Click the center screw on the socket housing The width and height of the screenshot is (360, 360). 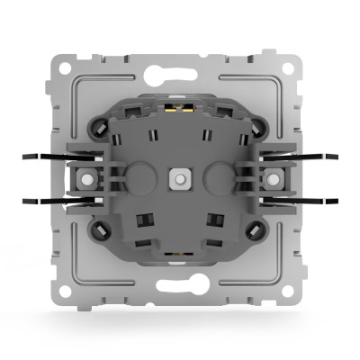click(x=180, y=179)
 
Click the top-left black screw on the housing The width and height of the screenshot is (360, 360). click(x=97, y=128)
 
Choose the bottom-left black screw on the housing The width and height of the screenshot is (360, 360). click(x=97, y=230)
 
